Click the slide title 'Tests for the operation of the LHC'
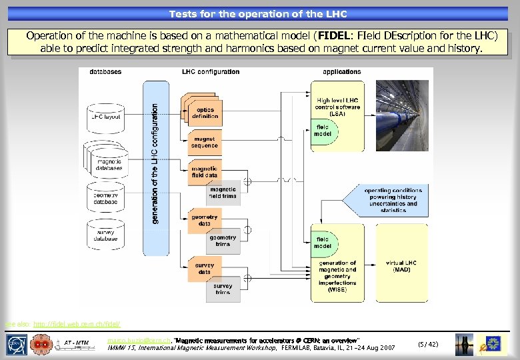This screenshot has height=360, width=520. (x=258, y=13)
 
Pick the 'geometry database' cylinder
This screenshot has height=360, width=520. (x=105, y=198)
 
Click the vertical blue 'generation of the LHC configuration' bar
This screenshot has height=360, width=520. (x=156, y=167)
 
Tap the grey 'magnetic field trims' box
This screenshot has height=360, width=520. (x=222, y=192)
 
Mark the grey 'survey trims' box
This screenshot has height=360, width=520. (x=222, y=288)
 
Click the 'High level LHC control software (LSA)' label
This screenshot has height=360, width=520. (x=338, y=107)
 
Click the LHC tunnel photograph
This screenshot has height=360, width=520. (x=403, y=115)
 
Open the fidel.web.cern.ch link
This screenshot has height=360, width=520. (x=76, y=325)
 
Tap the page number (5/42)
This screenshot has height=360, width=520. (x=427, y=344)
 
